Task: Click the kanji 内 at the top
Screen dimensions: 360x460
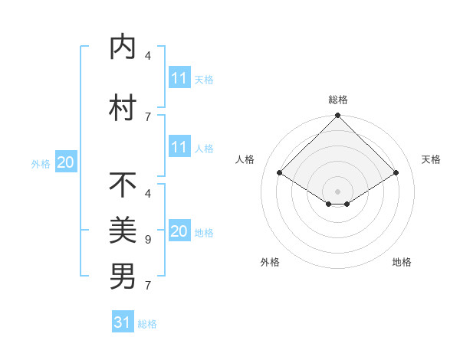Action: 123,48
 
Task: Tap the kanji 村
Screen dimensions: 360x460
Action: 123,108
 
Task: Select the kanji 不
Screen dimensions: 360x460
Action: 123,185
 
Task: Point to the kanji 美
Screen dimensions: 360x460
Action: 123,229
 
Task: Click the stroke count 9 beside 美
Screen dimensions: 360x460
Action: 148,240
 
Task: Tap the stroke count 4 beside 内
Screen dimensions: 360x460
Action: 148,56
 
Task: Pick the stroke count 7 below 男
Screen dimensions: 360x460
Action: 148,286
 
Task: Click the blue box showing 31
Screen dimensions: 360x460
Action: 123,322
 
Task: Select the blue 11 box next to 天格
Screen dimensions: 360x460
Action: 179,78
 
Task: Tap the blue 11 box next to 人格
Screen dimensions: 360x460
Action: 179,147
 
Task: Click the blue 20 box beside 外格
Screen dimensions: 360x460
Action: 66,162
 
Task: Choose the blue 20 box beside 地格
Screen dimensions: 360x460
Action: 179,231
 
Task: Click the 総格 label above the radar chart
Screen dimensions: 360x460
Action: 338,100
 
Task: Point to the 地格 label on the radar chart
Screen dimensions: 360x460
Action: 402,262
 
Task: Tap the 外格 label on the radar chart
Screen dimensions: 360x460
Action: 270,262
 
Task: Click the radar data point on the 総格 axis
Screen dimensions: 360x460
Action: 337,116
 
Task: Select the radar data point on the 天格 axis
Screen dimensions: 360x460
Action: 396,172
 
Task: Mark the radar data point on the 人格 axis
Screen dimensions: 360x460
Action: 280,172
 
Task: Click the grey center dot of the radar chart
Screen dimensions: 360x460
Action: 337,191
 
